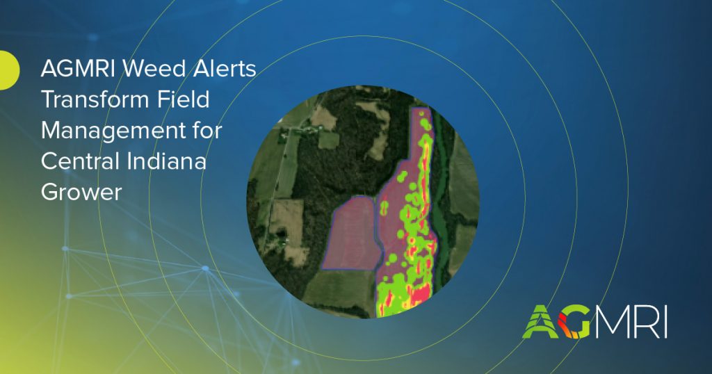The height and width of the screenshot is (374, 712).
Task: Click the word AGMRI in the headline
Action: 79,69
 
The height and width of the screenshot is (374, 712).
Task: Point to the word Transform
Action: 96,99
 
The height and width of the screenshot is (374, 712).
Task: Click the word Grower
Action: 81,192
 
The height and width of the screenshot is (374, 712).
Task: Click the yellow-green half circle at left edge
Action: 8,70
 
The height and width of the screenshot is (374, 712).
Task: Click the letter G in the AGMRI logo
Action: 574,322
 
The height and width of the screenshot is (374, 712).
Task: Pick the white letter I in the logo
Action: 665,322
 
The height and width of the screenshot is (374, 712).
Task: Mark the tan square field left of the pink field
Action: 287,217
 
